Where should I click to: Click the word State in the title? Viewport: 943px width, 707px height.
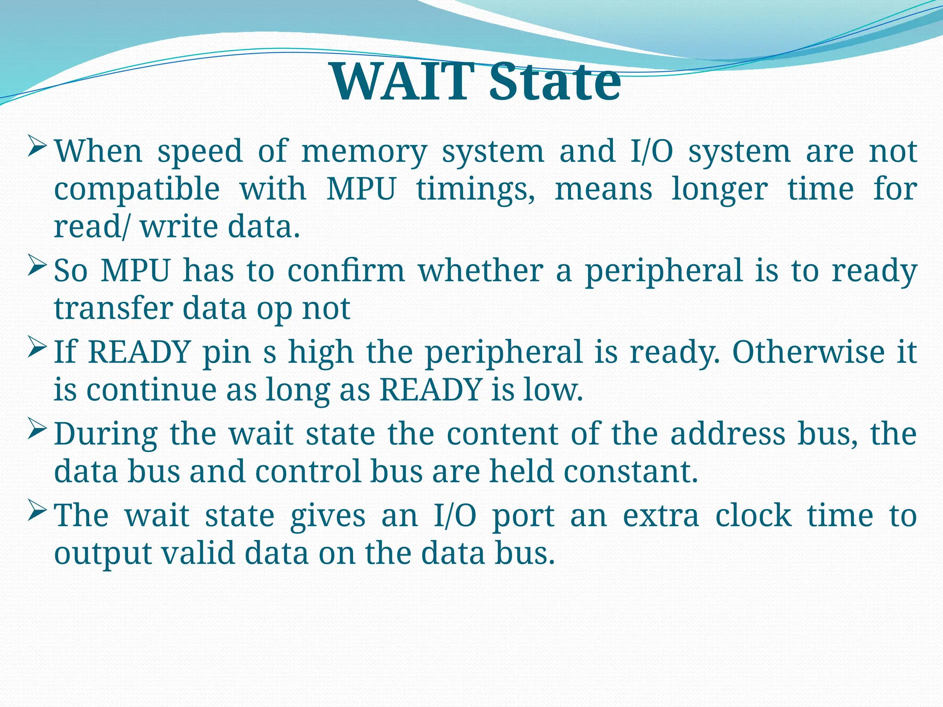pos(554,83)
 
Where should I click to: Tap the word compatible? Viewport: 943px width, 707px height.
pos(137,190)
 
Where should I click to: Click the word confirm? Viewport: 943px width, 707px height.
pos(346,271)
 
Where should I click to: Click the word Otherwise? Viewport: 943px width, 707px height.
pos(809,353)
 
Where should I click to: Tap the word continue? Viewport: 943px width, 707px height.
pos(151,391)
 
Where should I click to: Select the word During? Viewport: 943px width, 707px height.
pos(105,435)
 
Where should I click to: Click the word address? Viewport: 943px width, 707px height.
pos(728,435)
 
